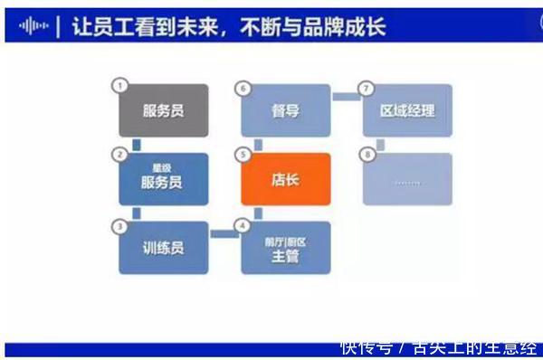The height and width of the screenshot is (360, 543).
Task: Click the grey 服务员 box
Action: [x=164, y=111]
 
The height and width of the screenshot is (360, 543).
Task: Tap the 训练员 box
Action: [x=164, y=247]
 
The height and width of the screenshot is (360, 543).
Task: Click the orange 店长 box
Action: [x=286, y=179]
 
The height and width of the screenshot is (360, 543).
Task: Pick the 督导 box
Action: [x=286, y=111]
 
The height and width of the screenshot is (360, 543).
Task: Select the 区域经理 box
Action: [x=407, y=111]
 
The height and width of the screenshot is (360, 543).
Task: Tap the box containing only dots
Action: [x=407, y=179]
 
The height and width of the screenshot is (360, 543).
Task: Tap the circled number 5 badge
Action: [x=242, y=155]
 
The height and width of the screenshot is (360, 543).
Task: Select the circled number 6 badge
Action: [x=242, y=87]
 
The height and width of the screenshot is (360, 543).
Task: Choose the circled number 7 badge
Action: [x=364, y=87]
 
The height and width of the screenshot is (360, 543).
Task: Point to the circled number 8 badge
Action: [x=364, y=155]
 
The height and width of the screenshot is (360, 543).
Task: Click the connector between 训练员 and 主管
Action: [x=224, y=234]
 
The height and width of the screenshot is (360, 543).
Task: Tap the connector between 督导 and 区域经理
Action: [x=347, y=96]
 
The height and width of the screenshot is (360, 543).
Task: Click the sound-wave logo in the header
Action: [x=33, y=26]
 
